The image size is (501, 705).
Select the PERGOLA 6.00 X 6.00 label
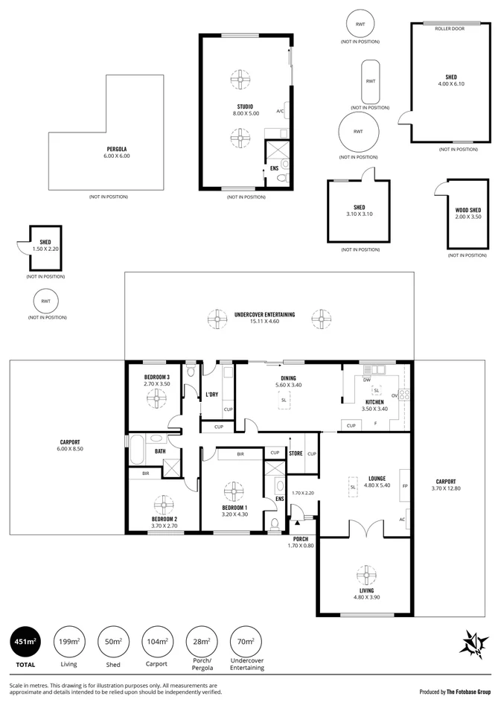(116, 153)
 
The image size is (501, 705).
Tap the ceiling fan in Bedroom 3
(157, 400)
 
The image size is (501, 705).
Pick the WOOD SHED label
(468, 213)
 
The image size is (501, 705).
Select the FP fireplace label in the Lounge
(405, 485)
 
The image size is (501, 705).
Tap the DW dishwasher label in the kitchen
(367, 380)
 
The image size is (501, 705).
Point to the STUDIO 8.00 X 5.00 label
(245, 110)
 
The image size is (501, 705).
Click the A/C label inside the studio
(280, 111)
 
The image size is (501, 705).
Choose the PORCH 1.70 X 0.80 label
(301, 541)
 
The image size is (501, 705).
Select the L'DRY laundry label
(211, 395)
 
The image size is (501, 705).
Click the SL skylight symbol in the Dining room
(284, 401)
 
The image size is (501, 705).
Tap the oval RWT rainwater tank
(370, 81)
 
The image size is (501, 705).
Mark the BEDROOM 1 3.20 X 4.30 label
(234, 510)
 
